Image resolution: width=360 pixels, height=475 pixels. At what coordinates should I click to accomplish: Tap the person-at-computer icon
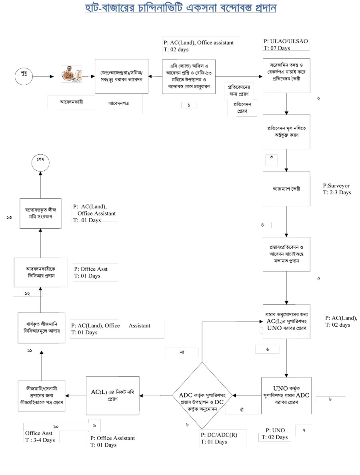[x=71, y=74]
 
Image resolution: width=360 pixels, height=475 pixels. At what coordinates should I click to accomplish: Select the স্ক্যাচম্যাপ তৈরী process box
[x=286, y=189]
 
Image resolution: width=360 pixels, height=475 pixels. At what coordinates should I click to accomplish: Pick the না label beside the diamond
[x=182, y=352]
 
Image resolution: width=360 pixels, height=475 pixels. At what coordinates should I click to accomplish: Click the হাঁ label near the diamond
[x=240, y=410]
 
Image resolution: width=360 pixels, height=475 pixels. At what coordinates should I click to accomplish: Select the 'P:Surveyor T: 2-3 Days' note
[x=337, y=189]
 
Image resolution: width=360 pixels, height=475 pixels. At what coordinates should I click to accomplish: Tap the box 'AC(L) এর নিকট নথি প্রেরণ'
[x=113, y=395]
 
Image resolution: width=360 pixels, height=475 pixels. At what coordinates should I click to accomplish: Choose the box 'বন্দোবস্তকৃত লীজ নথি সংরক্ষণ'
[x=41, y=213]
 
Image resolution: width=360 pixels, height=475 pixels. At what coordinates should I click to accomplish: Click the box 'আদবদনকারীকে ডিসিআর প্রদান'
[x=40, y=272]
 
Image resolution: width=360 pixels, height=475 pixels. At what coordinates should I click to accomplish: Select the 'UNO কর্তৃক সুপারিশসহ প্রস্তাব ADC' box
[x=286, y=395]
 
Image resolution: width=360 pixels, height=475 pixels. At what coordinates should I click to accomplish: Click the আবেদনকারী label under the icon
[x=71, y=102]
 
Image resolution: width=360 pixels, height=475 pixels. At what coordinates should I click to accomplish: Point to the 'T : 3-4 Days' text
[x=40, y=439]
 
